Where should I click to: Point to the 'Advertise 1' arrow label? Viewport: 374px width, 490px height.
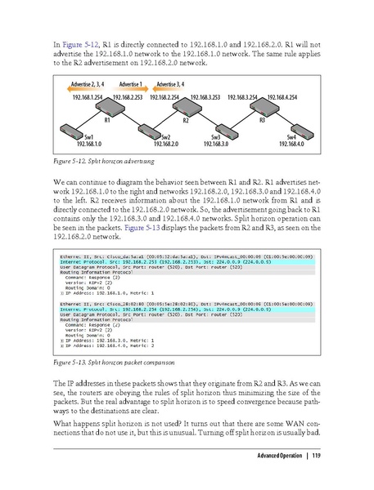point(130,84)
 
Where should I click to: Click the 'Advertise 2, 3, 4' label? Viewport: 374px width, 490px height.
point(86,84)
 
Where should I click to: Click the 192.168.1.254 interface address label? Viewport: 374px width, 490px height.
point(88,96)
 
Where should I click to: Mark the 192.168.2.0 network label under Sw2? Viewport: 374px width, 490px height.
point(165,143)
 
